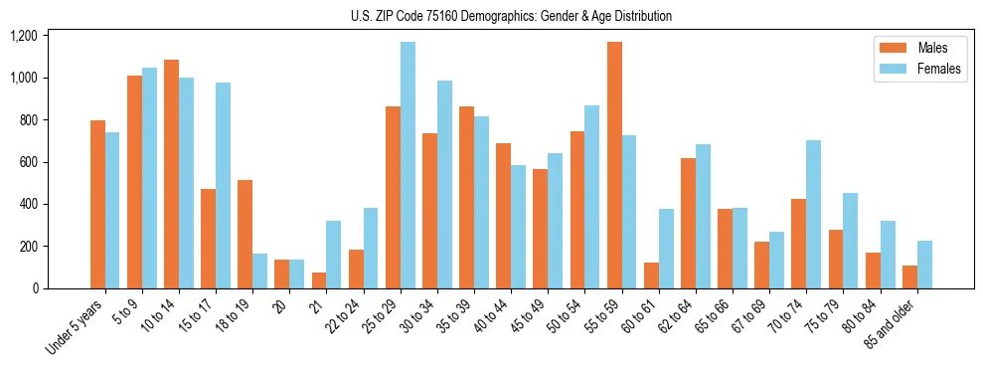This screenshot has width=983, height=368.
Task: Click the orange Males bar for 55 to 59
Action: [614, 165]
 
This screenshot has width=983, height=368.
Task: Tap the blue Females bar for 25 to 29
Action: [408, 165]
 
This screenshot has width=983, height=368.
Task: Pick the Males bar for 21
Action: [319, 280]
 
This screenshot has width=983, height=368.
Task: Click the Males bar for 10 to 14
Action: [172, 174]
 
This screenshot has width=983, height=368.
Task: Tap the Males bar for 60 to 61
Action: [651, 276]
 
